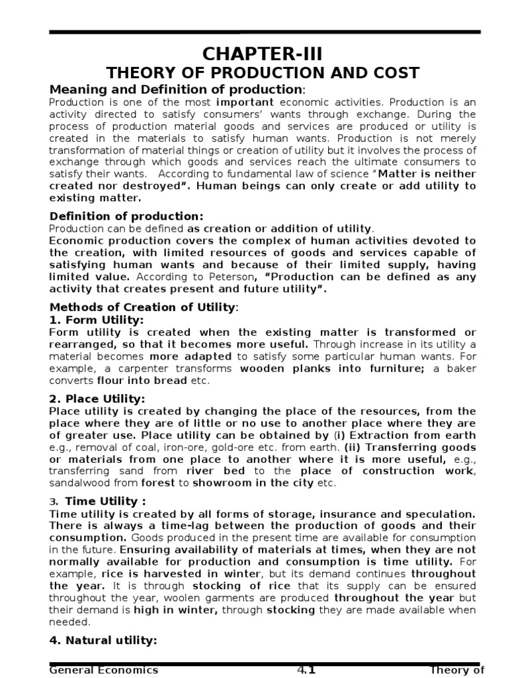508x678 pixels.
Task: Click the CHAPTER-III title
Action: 263,53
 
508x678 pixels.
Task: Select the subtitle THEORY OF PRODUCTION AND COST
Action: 263,73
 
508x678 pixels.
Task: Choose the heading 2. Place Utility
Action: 97,399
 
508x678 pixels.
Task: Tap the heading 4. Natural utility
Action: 103,640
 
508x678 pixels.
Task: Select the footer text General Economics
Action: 105,670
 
